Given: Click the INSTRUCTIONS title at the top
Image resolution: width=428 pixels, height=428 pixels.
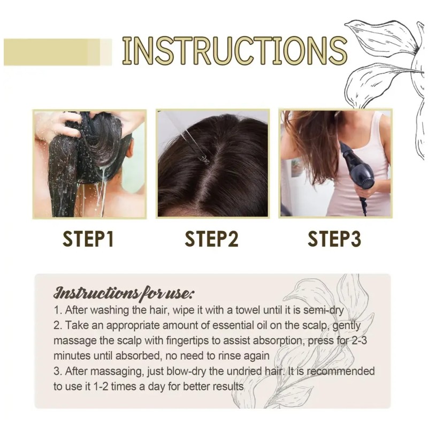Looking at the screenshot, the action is (234, 50).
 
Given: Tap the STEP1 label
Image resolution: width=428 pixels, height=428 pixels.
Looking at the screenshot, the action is (88, 239).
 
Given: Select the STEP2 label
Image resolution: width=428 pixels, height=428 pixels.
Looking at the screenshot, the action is (211, 239).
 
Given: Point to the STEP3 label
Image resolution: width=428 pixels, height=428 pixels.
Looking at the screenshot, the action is (334, 239).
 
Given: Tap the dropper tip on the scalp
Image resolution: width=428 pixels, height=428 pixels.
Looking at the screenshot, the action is (203, 158).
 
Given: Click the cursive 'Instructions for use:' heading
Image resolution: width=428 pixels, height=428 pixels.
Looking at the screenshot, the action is (124, 293).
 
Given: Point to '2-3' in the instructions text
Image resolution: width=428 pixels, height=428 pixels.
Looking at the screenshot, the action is (358, 341).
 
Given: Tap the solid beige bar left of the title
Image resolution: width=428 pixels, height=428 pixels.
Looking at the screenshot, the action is (58, 52).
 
